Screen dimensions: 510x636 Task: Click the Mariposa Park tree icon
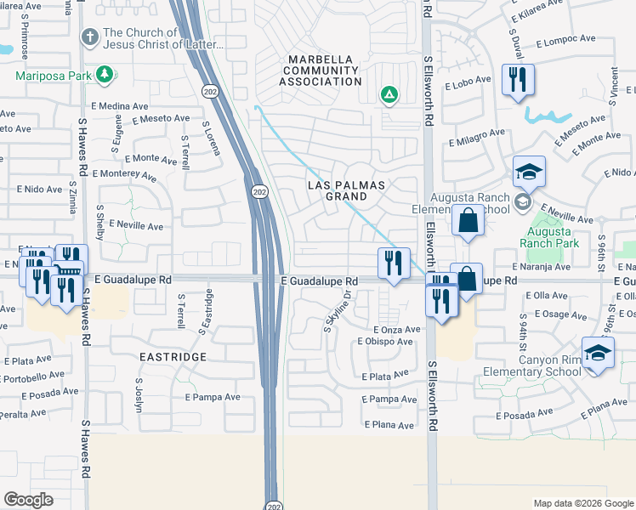coord(105,75)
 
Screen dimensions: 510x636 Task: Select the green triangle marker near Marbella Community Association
coord(389,94)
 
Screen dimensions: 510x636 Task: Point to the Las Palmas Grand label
coord(346,190)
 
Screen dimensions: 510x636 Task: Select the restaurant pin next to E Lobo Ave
coord(518,81)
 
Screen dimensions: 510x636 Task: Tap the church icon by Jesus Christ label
coord(88,37)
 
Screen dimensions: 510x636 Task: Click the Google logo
coord(28,499)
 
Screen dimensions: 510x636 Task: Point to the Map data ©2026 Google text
coord(582,503)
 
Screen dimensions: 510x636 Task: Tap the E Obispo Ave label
coord(384,342)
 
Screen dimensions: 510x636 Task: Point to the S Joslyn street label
coord(138,395)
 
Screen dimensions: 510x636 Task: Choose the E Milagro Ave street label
coord(477,136)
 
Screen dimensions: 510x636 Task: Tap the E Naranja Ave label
coord(544,267)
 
